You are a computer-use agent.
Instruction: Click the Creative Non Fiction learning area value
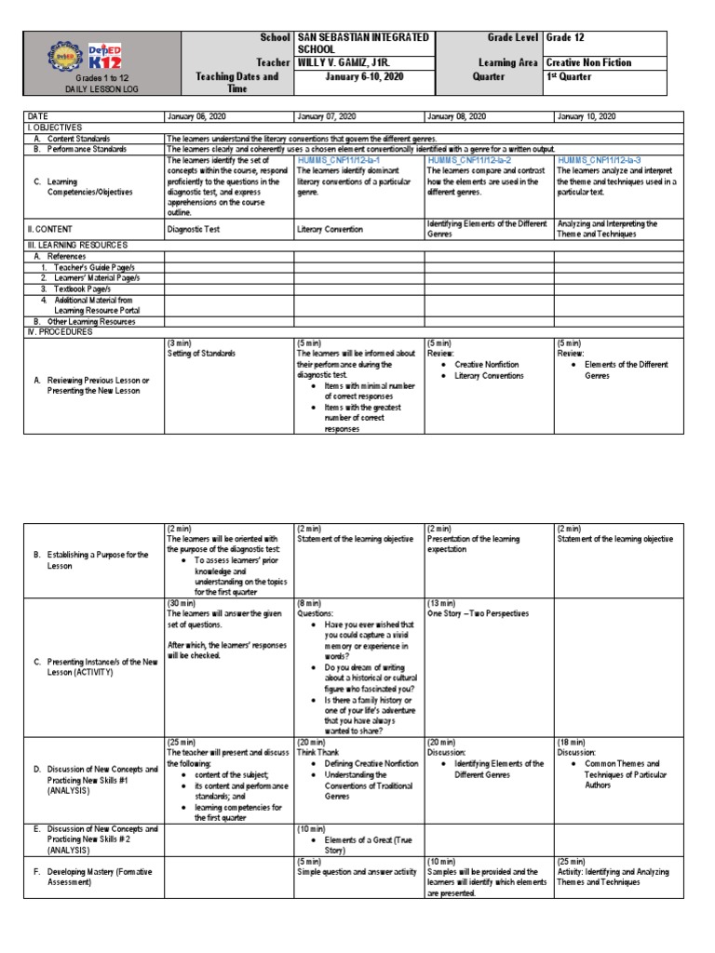[x=588, y=62]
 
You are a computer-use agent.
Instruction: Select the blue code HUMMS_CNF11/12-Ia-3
[x=603, y=160]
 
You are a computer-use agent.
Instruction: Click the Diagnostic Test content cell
[x=194, y=228]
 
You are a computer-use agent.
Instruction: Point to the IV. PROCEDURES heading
[x=61, y=330]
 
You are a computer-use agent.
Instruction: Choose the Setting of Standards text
[x=202, y=353]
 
